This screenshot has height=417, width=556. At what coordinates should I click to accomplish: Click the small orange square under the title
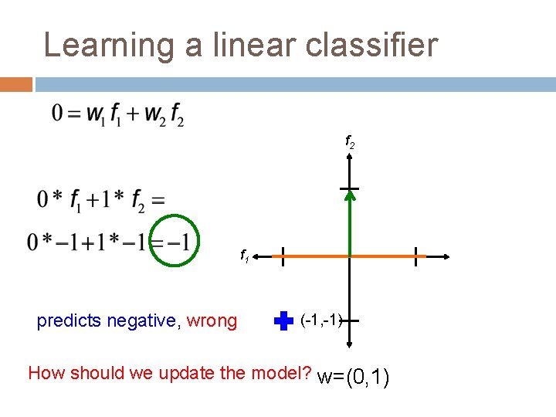coord(15,83)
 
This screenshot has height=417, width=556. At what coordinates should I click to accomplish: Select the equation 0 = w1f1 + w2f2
coord(117,115)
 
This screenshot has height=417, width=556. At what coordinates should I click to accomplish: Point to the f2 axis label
coord(349,144)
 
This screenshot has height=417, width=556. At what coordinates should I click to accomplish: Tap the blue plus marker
coord(284,320)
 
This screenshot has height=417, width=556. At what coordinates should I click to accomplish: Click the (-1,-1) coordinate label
coord(321,319)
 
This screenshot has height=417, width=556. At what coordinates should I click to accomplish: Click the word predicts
coord(69,320)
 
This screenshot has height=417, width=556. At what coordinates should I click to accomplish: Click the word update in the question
coord(188,374)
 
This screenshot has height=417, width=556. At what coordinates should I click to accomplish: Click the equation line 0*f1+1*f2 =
coord(100,200)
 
